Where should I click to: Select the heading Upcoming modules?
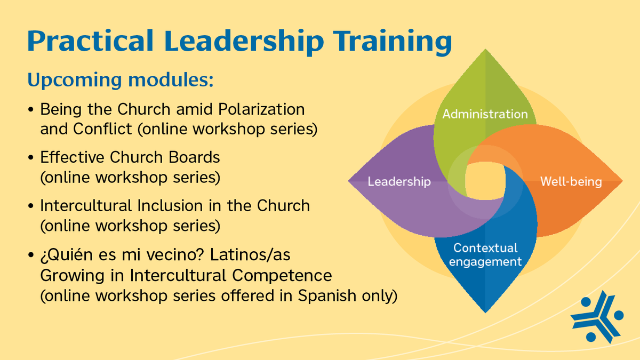[121, 79]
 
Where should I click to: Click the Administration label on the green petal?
[485, 114]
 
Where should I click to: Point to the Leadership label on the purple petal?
[399, 182]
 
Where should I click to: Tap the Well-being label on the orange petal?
[571, 182]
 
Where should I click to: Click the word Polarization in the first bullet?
[262, 110]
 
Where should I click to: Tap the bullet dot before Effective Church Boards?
[31, 158]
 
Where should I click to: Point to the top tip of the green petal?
[485, 50]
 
